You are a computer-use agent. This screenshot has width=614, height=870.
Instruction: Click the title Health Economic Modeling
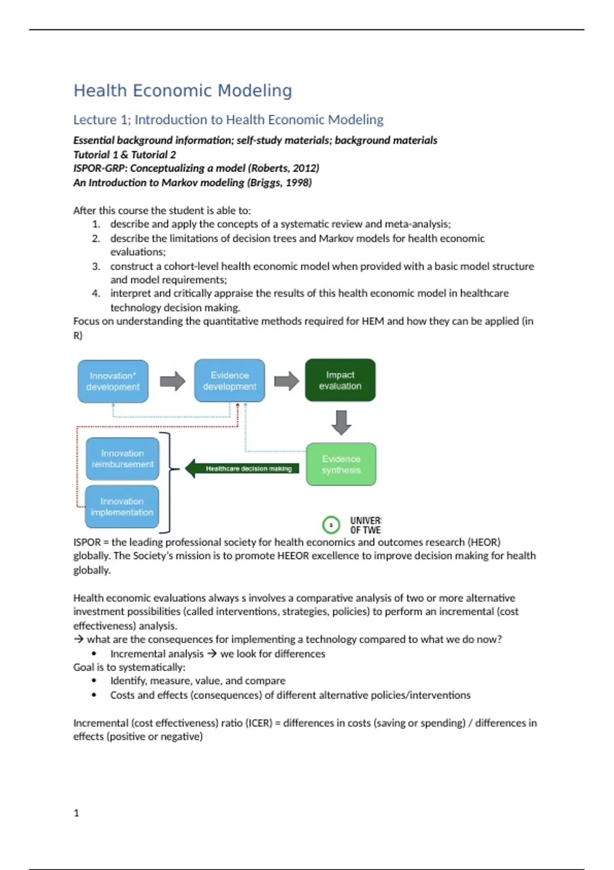coord(183,91)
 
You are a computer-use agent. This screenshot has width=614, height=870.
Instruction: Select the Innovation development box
coord(113,381)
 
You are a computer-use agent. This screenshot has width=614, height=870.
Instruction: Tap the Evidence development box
coord(230,381)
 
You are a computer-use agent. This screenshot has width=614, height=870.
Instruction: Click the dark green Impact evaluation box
coord(340,380)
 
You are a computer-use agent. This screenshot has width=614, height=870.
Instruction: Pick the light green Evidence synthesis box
coord(341,464)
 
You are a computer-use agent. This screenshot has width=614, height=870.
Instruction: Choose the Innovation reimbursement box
coord(122,459)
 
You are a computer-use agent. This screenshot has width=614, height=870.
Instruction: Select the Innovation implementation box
coord(122,507)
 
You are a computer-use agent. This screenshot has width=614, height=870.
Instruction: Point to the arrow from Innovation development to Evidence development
coord(172,381)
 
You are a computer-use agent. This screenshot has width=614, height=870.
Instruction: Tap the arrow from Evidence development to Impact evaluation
coord(287,381)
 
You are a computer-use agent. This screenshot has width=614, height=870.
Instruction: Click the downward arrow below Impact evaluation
coord(341,422)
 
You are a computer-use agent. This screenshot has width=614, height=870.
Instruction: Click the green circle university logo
coord(331,525)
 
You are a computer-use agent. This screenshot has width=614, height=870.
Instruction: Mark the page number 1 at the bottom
coord(76,813)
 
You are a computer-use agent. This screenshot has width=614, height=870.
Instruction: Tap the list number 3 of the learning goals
coord(96,266)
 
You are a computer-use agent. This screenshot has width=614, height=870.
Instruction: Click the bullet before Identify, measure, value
coord(94,681)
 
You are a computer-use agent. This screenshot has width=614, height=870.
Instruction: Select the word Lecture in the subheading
coord(95,120)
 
